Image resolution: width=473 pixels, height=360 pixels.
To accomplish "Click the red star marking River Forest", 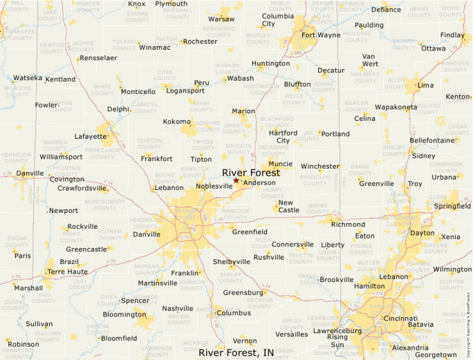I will click(236, 180).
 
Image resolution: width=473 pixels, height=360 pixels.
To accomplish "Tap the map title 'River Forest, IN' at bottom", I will click(236, 352).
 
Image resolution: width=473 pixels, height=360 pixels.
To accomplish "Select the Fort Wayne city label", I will click(320, 35).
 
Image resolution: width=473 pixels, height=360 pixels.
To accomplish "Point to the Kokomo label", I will click(176, 122).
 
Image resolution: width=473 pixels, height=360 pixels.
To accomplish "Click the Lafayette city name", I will click(91, 136).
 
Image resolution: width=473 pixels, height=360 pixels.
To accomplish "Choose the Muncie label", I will click(280, 164).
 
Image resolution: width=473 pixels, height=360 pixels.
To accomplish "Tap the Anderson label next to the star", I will click(259, 183).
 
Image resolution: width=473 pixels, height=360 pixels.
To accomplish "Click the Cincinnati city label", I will click(400, 319).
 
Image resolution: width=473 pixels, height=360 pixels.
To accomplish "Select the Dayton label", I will click(422, 234).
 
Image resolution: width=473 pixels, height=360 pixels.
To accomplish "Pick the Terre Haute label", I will click(66, 272).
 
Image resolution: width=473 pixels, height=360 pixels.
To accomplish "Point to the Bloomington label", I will click(124, 314).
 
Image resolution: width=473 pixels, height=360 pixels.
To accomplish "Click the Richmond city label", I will click(348, 225).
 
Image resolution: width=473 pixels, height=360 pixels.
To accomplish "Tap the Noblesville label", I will click(214, 186).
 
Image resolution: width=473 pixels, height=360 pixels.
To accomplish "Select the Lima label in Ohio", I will click(425, 85).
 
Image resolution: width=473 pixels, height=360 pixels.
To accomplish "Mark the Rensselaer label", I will click(99, 58).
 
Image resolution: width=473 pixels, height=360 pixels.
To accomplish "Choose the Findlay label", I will click(452, 35).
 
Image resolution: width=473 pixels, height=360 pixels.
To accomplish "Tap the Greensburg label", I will click(243, 292).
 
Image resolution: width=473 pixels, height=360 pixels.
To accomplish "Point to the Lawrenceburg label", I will click(337, 331).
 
